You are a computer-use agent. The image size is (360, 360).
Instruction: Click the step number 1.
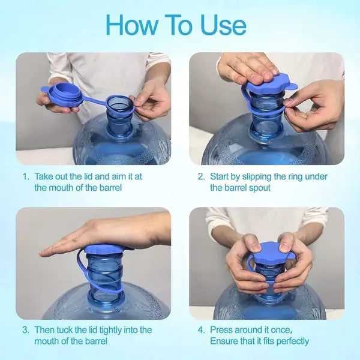tap(26, 177)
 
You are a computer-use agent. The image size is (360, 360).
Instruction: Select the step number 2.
tap(201, 177)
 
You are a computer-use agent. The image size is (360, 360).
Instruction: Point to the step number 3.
tap(26, 330)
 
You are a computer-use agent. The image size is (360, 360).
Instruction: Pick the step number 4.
tap(201, 330)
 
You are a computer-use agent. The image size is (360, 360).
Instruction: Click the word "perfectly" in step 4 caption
tap(290, 341)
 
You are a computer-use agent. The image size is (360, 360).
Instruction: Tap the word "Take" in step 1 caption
tap(44, 177)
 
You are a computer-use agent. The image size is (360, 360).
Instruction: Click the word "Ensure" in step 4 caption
tap(224, 341)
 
